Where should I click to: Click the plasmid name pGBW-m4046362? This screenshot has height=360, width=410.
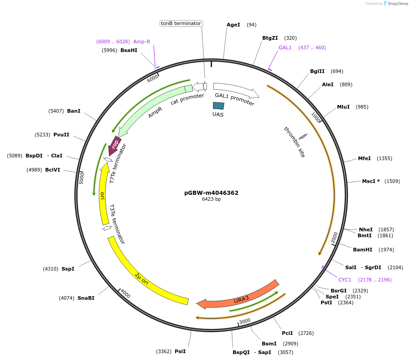tap(211, 193)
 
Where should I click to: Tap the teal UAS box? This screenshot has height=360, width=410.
tap(218, 105)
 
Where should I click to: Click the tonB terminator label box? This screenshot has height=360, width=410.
tap(181, 23)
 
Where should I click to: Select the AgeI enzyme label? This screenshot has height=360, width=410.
tap(233, 25)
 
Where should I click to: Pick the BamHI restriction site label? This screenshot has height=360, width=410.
tap(363, 250)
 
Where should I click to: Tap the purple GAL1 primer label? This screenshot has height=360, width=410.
tap(285, 47)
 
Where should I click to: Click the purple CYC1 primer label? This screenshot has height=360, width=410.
tap(345, 280)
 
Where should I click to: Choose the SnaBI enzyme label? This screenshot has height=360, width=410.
tap(86, 298)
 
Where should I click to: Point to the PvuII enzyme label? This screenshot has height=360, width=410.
tap(61, 135)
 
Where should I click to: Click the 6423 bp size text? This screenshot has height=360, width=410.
tap(211, 199)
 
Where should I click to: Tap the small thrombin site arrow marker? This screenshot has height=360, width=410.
tap(303, 136)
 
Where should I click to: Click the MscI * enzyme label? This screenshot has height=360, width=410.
tap(371, 181)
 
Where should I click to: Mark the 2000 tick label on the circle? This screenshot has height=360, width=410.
tap(334, 237)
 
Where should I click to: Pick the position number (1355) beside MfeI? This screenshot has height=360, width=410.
tap(384, 158)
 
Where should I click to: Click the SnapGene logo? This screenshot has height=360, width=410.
tap(396, 4)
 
